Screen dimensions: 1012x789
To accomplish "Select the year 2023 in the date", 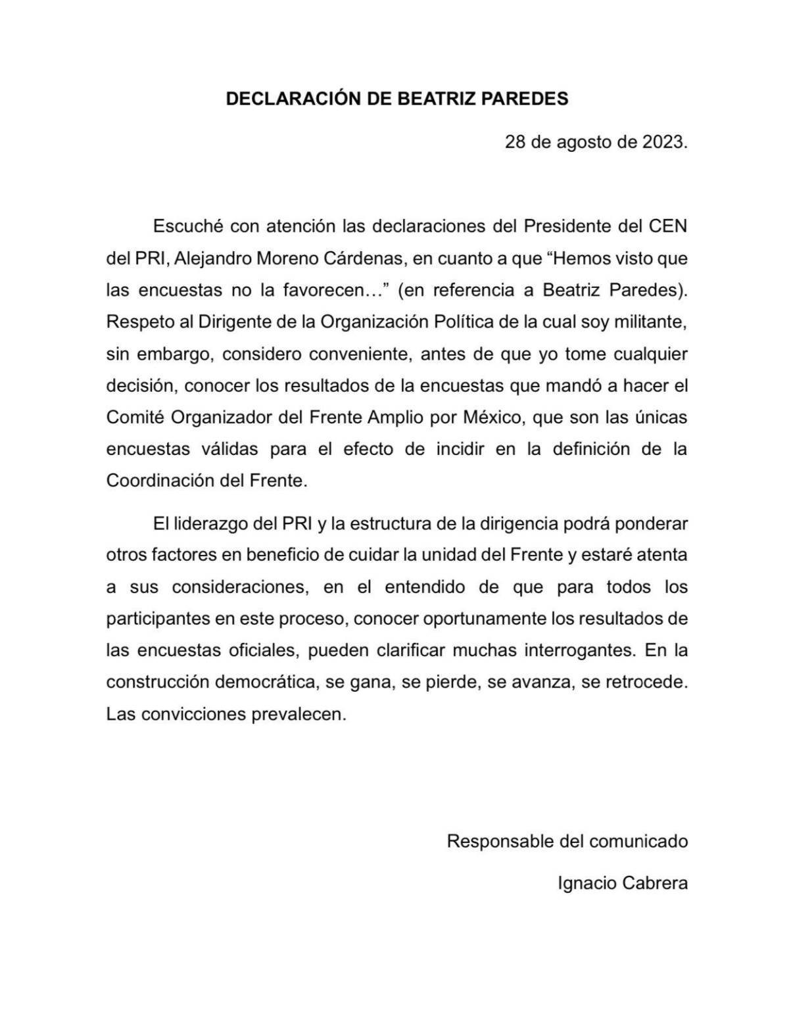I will pos(663,142).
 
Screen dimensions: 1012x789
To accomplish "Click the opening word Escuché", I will pos(188,226).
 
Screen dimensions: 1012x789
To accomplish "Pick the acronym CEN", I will pos(668,226).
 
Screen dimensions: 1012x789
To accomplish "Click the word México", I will pos(491,418).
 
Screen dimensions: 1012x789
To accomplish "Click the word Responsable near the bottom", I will pos(500,841).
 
